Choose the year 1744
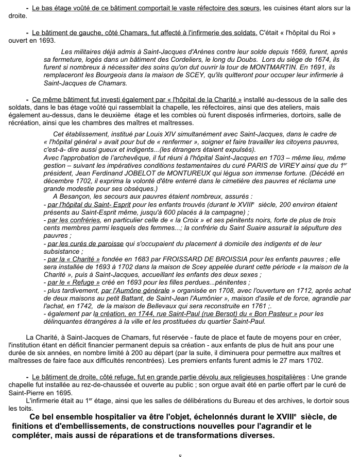(x=147, y=313)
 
